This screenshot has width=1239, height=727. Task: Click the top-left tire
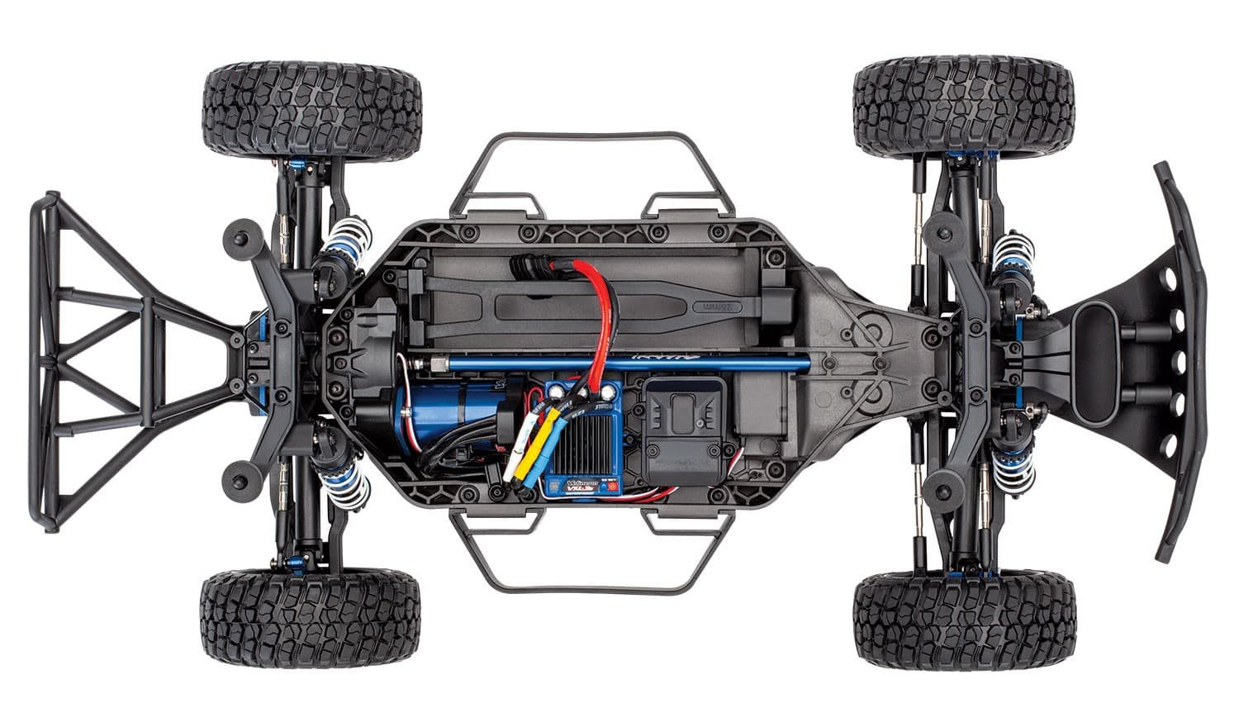pos(311,109)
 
